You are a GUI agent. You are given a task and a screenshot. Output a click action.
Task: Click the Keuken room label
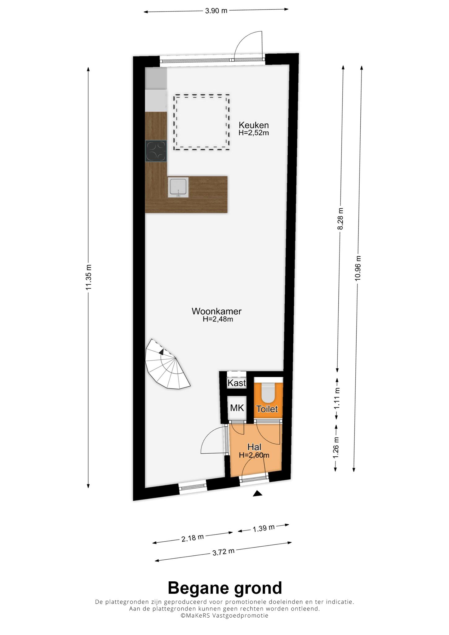pyautogui.click(x=253, y=125)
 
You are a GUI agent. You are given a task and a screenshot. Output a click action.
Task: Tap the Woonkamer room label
pyautogui.click(x=216, y=311)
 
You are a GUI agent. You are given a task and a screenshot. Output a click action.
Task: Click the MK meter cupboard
pyautogui.click(x=237, y=408)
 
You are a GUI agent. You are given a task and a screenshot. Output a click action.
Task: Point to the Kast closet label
pyautogui.click(x=237, y=383)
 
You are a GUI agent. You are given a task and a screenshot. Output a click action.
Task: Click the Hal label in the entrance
pyautogui.click(x=254, y=447)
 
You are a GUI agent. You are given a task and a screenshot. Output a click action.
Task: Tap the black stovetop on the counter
pyautogui.click(x=156, y=151)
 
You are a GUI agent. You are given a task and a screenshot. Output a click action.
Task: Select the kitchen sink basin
pyautogui.click(x=178, y=188)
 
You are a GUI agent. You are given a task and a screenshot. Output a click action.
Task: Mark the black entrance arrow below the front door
pyautogui.click(x=257, y=494)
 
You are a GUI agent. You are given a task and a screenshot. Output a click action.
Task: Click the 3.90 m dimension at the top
pyautogui.click(x=216, y=11)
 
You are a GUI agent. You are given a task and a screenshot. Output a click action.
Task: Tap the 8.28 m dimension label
pyautogui.click(x=340, y=219)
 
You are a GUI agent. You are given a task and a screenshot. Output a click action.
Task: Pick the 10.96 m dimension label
pyautogui.click(x=358, y=268)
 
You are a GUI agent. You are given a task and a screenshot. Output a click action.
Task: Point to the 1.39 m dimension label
pyautogui.click(x=264, y=528)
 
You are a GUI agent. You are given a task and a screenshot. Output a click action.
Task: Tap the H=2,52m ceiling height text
pyautogui.click(x=254, y=133)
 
